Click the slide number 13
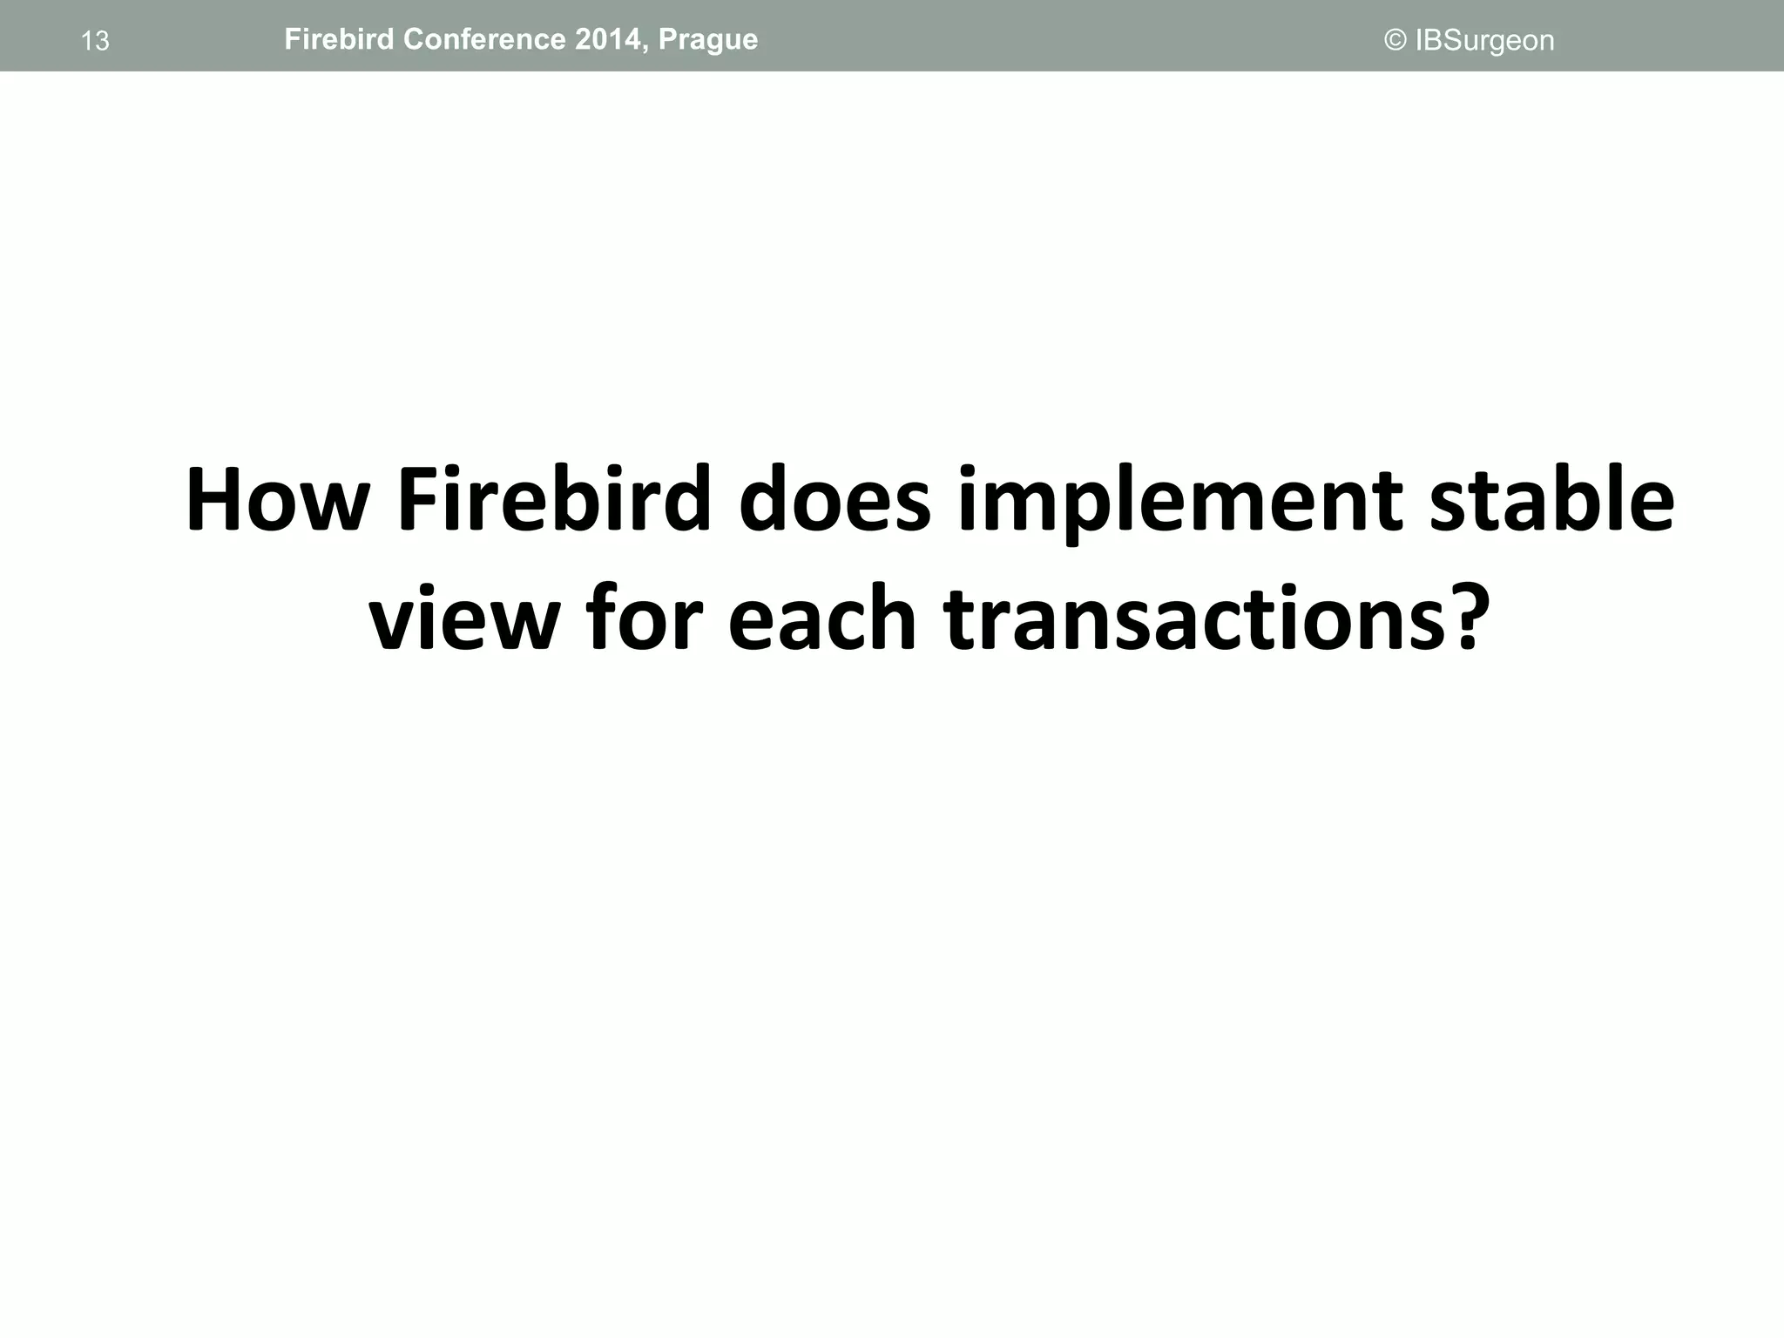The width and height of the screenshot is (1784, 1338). pyautogui.click(x=95, y=41)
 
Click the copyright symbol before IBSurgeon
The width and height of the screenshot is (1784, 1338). pyautogui.click(x=1395, y=40)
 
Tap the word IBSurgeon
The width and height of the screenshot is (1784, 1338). pyautogui.click(x=1484, y=41)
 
